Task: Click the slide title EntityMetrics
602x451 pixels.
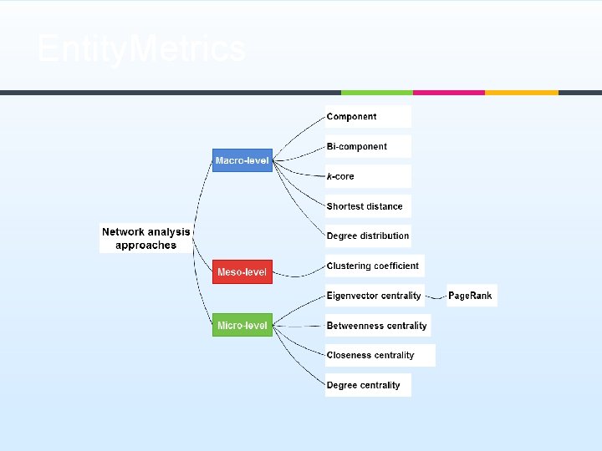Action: click(141, 49)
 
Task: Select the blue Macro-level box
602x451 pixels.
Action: click(242, 160)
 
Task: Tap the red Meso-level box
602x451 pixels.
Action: click(242, 271)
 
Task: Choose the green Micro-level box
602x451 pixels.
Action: click(242, 325)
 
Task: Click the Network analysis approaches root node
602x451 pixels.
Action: click(146, 238)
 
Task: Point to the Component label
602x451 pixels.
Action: click(352, 117)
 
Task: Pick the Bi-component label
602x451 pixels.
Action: click(357, 146)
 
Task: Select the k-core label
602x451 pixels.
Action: click(341, 176)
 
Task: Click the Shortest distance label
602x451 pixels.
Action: click(365, 206)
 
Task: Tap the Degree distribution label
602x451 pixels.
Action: click(368, 236)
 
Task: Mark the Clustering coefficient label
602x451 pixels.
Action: click(373, 266)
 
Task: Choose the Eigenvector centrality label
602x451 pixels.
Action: click(374, 296)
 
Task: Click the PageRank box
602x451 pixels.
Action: click(471, 296)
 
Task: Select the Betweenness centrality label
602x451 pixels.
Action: click(377, 326)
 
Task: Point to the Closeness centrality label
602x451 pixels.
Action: click(370, 355)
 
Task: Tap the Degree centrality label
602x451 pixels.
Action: click(364, 385)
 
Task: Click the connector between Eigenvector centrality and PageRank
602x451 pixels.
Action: click(436, 296)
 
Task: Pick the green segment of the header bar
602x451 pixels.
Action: click(376, 92)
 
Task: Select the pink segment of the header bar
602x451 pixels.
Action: click(448, 92)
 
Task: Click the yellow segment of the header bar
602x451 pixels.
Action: click(521, 92)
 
